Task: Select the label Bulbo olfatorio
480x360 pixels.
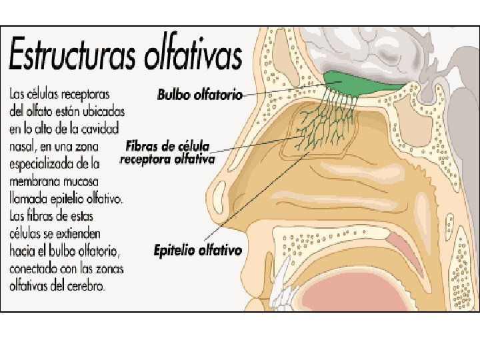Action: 200,95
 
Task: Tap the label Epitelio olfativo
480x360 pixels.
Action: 197,251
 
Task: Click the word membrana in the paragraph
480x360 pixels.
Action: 37,182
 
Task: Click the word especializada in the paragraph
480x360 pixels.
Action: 49,163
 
